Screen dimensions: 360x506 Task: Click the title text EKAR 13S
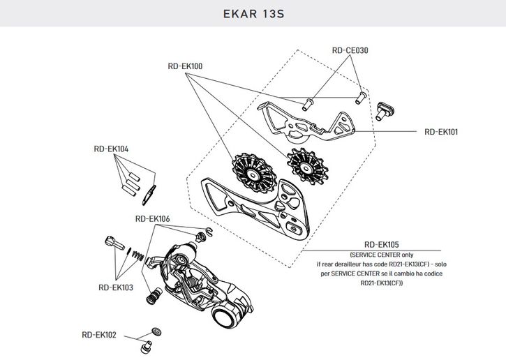(x=253, y=13)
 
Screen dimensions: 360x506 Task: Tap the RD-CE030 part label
(x=350, y=50)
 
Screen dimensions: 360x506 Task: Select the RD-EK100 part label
(x=185, y=66)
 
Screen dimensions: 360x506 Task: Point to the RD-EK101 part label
(x=441, y=131)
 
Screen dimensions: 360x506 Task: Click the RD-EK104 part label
(x=111, y=149)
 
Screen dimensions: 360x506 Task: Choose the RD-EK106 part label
(x=152, y=218)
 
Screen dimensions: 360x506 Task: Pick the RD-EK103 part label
(x=116, y=287)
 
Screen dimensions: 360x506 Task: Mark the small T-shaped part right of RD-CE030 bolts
(x=384, y=110)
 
